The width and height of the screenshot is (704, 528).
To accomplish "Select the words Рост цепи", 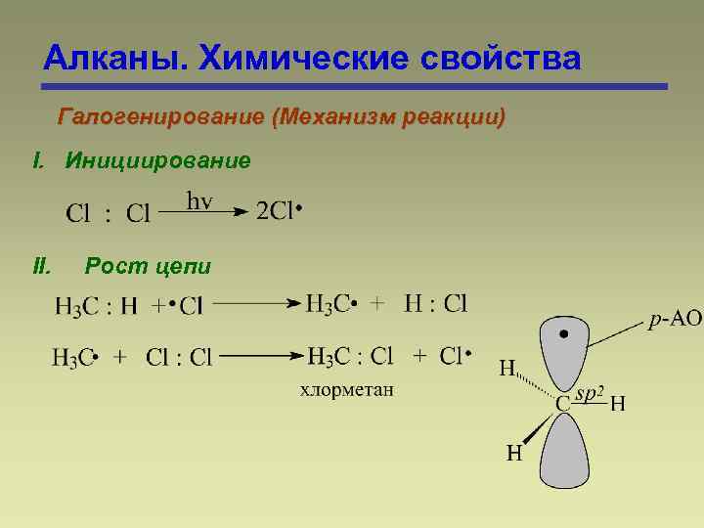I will [x=148, y=265].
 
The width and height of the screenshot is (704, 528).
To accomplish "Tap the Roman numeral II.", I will [x=41, y=265].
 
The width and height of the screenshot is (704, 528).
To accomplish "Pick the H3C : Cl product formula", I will [x=349, y=356].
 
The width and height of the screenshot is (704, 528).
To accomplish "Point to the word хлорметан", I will [x=346, y=391].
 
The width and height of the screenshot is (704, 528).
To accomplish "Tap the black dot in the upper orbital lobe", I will [x=564, y=334].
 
